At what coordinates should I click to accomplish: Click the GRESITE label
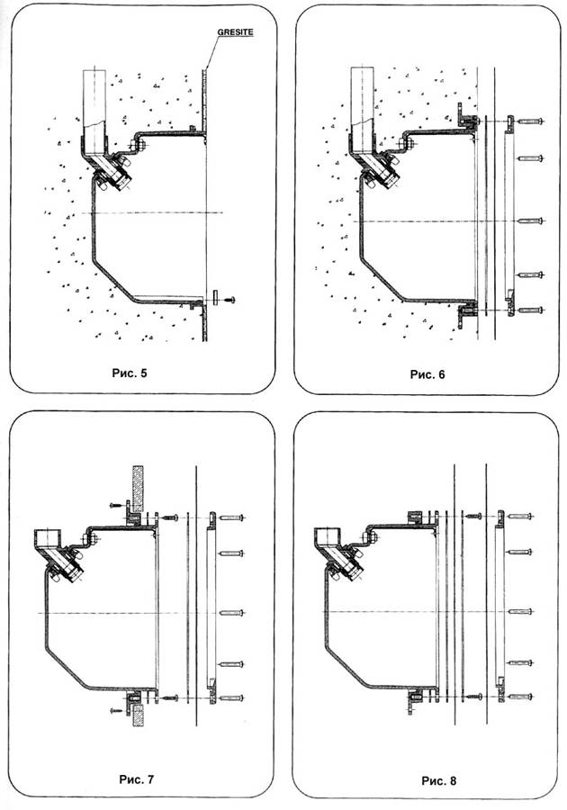235,32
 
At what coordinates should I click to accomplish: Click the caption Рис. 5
130,373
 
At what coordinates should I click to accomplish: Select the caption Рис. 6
427,374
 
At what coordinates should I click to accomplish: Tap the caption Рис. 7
136,779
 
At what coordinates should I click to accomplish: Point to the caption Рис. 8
439,780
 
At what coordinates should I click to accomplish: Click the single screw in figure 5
229,300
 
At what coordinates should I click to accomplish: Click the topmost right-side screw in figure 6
530,121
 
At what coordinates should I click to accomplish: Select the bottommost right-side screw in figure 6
530,310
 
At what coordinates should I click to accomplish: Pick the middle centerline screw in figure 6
530,221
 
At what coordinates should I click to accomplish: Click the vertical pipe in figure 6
362,103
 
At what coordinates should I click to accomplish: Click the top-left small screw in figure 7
116,504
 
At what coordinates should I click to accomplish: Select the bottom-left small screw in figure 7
117,711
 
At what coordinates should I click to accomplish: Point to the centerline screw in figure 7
231,613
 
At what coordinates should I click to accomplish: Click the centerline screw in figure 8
520,612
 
